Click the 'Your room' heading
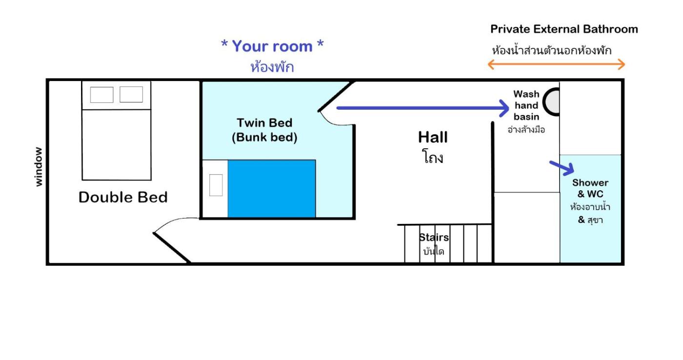click(x=272, y=46)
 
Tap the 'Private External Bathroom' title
click(x=564, y=29)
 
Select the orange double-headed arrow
click(x=556, y=64)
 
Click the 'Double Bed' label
click(x=123, y=197)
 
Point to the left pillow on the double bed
click(x=101, y=95)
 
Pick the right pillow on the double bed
click(x=131, y=94)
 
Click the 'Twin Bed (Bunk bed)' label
click(x=264, y=130)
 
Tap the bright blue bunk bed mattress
click(x=272, y=189)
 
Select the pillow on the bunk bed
click(x=216, y=185)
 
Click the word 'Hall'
click(x=433, y=137)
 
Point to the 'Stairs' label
click(x=434, y=237)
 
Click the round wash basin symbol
click(x=551, y=102)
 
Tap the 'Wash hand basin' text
click(x=526, y=105)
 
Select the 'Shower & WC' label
click(x=590, y=188)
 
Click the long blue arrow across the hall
click(x=422, y=108)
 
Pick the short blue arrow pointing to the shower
click(x=562, y=167)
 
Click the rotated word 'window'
click(x=39, y=166)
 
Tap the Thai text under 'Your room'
click(x=272, y=67)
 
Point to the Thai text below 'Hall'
click(x=433, y=157)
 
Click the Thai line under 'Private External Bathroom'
click(x=552, y=50)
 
